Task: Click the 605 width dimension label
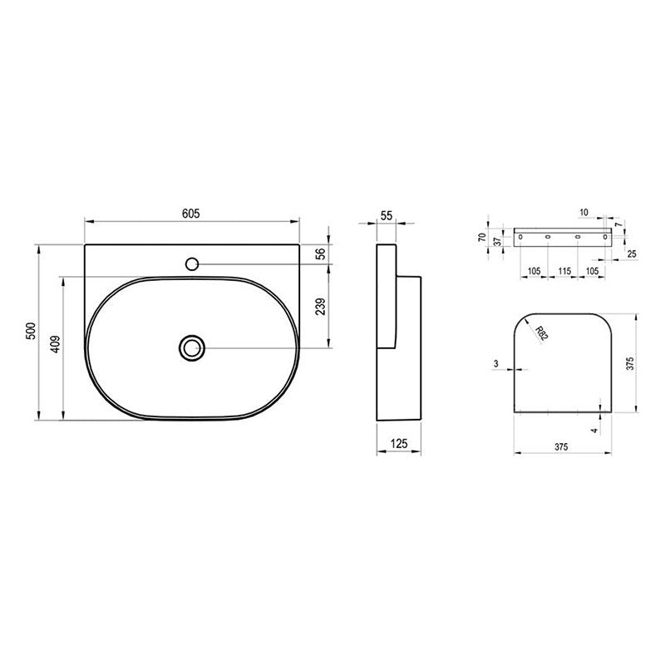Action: (x=191, y=214)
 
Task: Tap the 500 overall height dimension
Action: (x=31, y=331)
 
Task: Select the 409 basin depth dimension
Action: (x=55, y=344)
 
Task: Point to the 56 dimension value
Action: (x=321, y=254)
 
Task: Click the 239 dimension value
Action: (x=321, y=306)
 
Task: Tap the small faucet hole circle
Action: (x=192, y=264)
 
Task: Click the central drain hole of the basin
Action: (x=192, y=347)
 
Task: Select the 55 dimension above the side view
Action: (x=387, y=215)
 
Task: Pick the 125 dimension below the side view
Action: (x=399, y=444)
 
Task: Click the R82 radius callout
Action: (x=541, y=333)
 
